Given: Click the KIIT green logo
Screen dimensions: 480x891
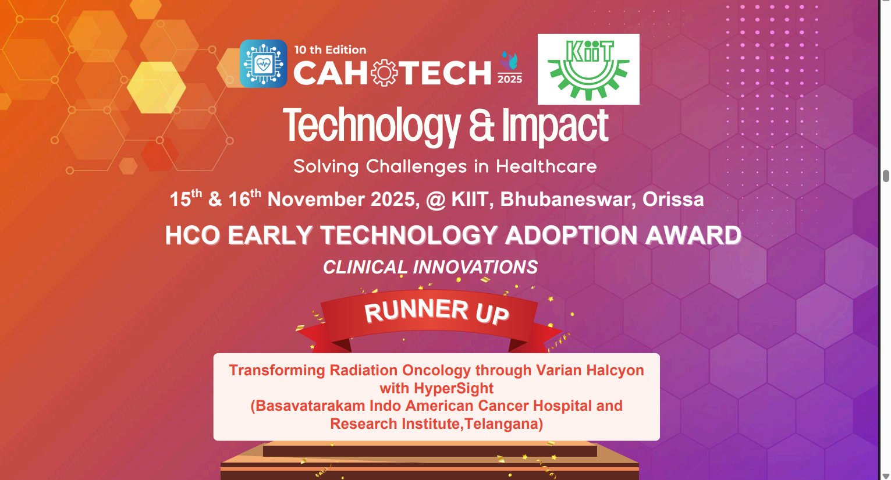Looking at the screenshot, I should tap(588, 69).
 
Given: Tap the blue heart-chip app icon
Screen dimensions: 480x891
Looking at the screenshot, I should tap(263, 64).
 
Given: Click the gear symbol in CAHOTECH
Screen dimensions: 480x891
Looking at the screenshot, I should tap(384, 73).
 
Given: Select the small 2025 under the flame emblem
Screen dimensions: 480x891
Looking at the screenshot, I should tap(510, 79).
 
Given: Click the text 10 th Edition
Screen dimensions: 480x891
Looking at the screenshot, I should tap(330, 50).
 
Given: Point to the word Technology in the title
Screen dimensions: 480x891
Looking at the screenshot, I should tap(371, 126).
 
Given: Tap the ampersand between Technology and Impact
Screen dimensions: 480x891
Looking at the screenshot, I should tap(481, 126).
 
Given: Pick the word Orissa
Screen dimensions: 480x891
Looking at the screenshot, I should tap(673, 200).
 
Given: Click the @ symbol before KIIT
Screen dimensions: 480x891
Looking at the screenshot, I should tap(435, 200).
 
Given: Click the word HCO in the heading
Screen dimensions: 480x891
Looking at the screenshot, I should tap(193, 236).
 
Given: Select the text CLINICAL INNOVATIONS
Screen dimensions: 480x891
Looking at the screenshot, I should tap(430, 267).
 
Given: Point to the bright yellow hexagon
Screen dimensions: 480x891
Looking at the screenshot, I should tap(156, 88).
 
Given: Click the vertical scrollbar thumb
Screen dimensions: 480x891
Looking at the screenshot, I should tap(886, 176).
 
